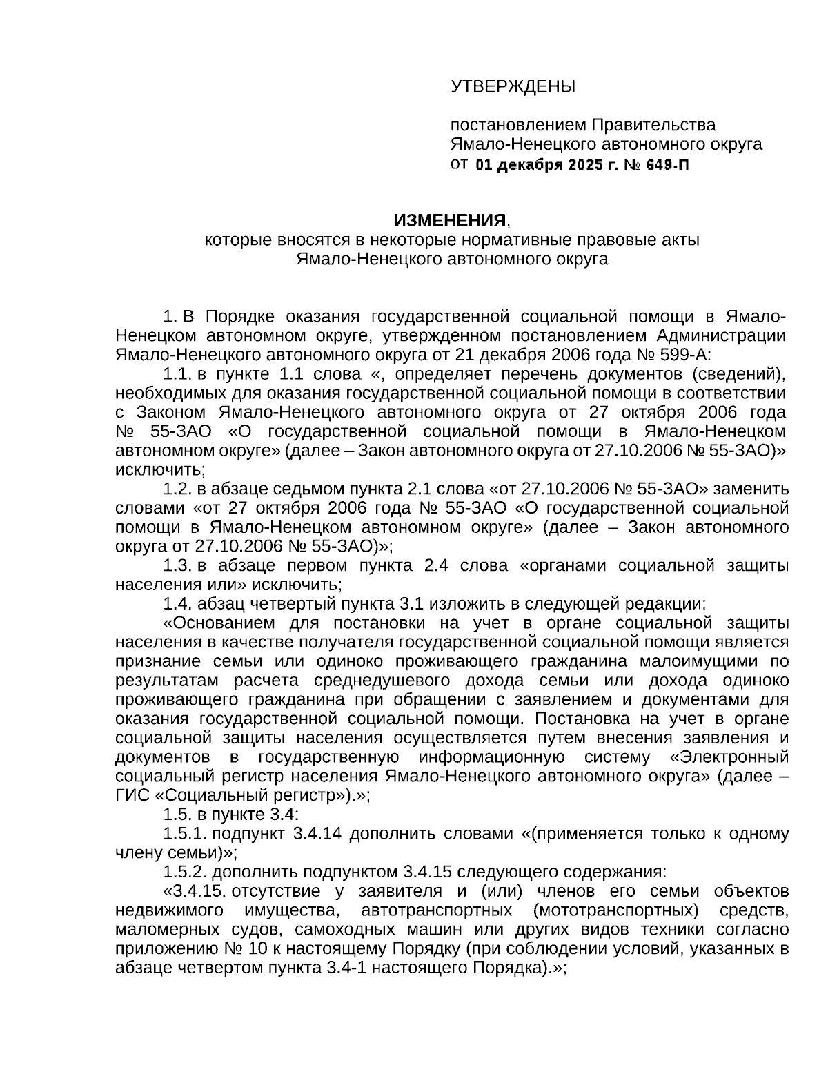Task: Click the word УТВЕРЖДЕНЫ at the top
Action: tap(512, 87)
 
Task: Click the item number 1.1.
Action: tap(177, 375)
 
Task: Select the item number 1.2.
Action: tap(177, 489)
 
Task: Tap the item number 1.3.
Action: tap(177, 566)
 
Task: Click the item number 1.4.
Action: tap(177, 604)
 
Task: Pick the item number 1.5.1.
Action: tap(184, 834)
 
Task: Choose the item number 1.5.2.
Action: tap(184, 872)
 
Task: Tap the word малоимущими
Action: tap(699, 661)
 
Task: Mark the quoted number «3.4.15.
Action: tap(196, 891)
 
